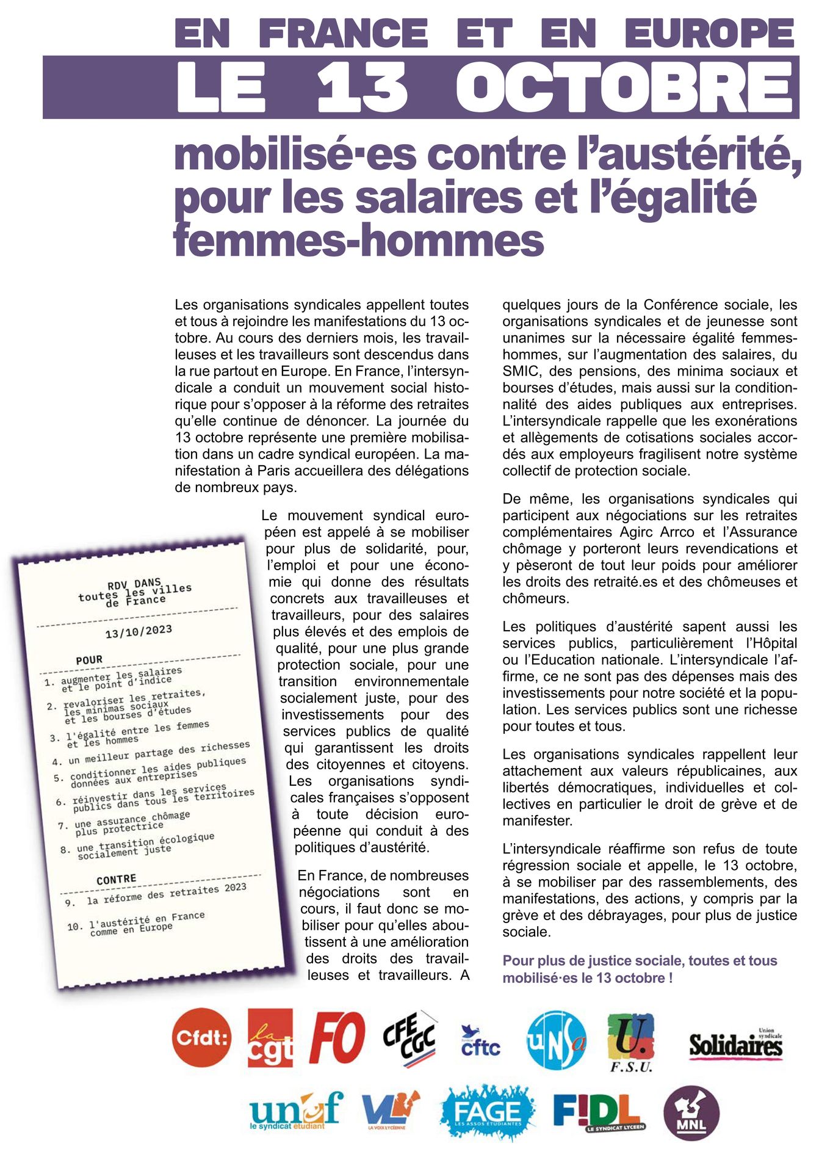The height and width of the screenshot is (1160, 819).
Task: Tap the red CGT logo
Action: (x=270, y=1037)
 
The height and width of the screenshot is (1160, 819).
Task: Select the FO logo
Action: (x=337, y=1037)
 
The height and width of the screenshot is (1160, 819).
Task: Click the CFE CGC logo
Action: (x=409, y=1037)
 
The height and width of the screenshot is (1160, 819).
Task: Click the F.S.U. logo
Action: (x=630, y=1040)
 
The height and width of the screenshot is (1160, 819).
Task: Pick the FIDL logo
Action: (x=598, y=1112)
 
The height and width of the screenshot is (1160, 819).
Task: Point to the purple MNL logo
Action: (x=691, y=1113)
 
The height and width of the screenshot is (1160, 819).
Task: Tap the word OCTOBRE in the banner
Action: (x=626, y=87)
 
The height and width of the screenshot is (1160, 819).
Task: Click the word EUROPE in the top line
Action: (x=710, y=33)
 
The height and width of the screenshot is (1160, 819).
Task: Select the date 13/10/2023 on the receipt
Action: (x=139, y=631)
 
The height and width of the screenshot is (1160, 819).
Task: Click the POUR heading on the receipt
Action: (x=89, y=660)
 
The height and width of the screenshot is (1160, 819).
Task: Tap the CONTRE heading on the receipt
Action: (x=116, y=879)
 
